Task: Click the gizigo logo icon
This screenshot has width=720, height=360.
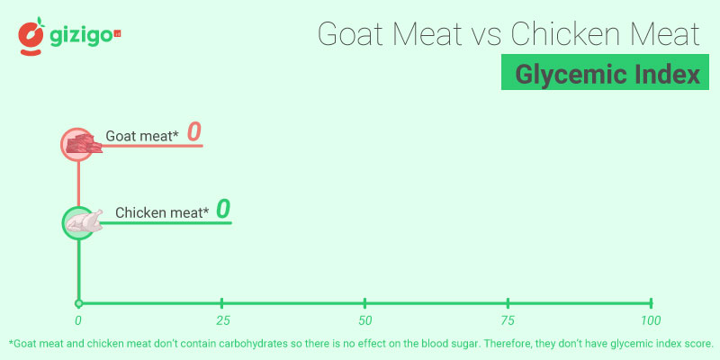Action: (x=31, y=37)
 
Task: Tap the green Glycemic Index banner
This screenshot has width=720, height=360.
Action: (x=602, y=73)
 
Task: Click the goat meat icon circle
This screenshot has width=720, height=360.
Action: (x=78, y=143)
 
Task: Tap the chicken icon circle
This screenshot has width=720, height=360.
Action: (x=78, y=221)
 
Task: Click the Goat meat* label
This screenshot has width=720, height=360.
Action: (x=142, y=136)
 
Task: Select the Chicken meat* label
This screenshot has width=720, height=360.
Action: (x=162, y=213)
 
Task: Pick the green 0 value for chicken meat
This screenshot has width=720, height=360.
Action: (x=223, y=210)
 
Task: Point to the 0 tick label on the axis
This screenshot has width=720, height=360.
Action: (x=78, y=321)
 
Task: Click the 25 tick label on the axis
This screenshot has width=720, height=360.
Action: (x=221, y=321)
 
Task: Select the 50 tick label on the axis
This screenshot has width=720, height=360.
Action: (x=364, y=321)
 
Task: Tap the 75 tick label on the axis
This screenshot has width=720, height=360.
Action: (x=508, y=321)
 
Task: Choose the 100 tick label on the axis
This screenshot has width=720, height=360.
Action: (x=650, y=321)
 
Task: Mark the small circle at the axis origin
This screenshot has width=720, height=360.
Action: (x=78, y=303)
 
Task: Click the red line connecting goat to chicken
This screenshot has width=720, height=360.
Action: (x=78, y=184)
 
